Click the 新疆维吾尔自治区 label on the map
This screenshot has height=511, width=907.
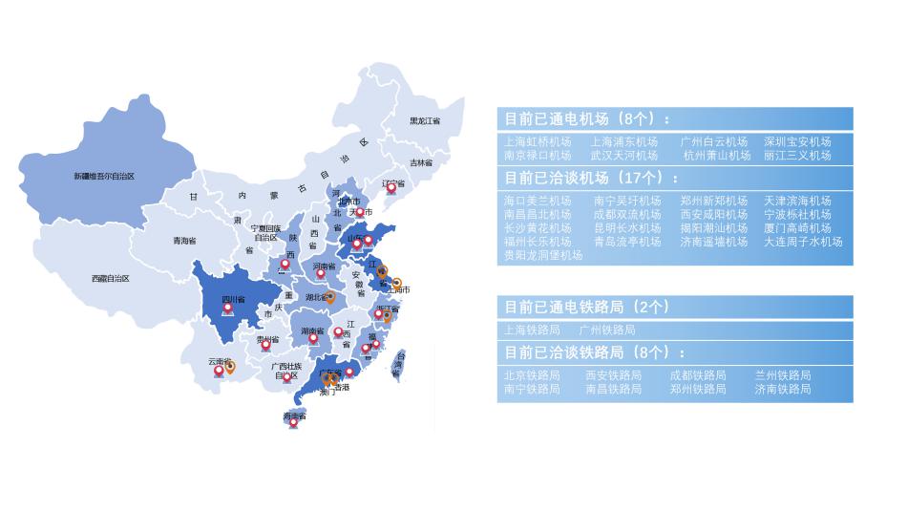point(104,176)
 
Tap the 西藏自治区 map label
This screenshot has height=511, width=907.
point(110,278)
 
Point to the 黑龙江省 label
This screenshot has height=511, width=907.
point(425,121)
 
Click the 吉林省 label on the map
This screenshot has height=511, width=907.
point(421,162)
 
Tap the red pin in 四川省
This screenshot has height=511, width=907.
point(227,308)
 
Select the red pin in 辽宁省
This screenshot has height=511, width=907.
point(390,188)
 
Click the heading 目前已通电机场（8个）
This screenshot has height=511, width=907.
point(587,119)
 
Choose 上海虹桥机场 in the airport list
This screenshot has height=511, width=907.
point(538,141)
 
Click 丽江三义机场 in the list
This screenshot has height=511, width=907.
point(797,155)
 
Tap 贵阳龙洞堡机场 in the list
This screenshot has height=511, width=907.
point(543,255)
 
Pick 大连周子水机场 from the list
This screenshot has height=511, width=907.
point(803,242)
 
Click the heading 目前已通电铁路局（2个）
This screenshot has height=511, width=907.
point(586,307)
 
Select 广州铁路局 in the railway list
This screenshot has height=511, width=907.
point(607,330)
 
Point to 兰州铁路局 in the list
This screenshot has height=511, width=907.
point(783,375)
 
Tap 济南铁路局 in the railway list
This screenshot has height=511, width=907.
point(783,389)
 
